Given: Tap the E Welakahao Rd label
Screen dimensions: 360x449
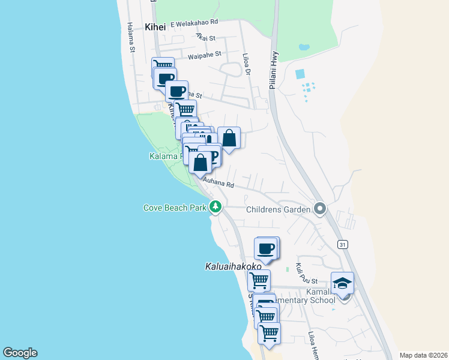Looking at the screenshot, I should (194, 23).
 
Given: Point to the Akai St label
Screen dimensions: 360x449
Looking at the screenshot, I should (205, 36).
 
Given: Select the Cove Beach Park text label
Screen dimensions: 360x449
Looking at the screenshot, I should (175, 208).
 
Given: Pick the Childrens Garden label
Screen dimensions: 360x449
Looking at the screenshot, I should (279, 209).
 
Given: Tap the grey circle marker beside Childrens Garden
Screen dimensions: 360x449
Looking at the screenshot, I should (320, 209).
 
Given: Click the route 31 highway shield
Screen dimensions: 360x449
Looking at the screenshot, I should (342, 245).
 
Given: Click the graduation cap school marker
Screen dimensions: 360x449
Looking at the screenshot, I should (342, 283).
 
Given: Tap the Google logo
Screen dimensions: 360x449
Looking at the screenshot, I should (20, 353).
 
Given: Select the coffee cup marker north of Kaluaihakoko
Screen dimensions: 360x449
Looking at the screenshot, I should (266, 248).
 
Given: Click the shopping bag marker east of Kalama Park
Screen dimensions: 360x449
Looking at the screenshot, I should (229, 138).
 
